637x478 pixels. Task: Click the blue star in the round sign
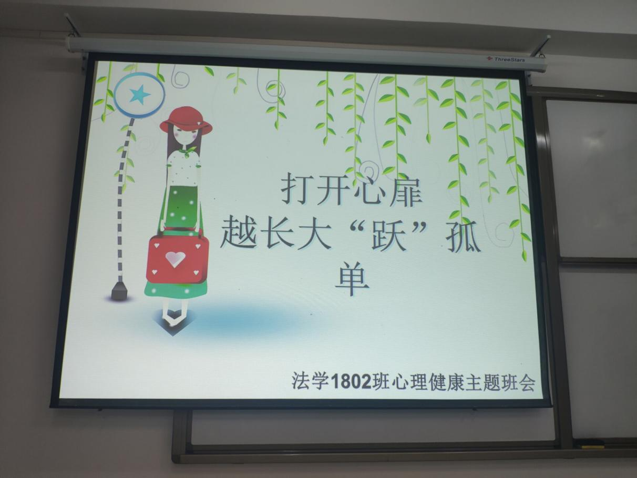point(140,94)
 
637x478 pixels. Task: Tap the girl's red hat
point(186,120)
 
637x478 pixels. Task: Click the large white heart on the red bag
point(175,259)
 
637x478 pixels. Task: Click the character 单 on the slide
point(352,279)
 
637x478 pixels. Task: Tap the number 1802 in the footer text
point(351,381)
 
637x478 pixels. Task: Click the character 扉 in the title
point(405,189)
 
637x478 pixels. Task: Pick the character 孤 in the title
point(463,237)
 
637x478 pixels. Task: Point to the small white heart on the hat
point(199,124)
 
